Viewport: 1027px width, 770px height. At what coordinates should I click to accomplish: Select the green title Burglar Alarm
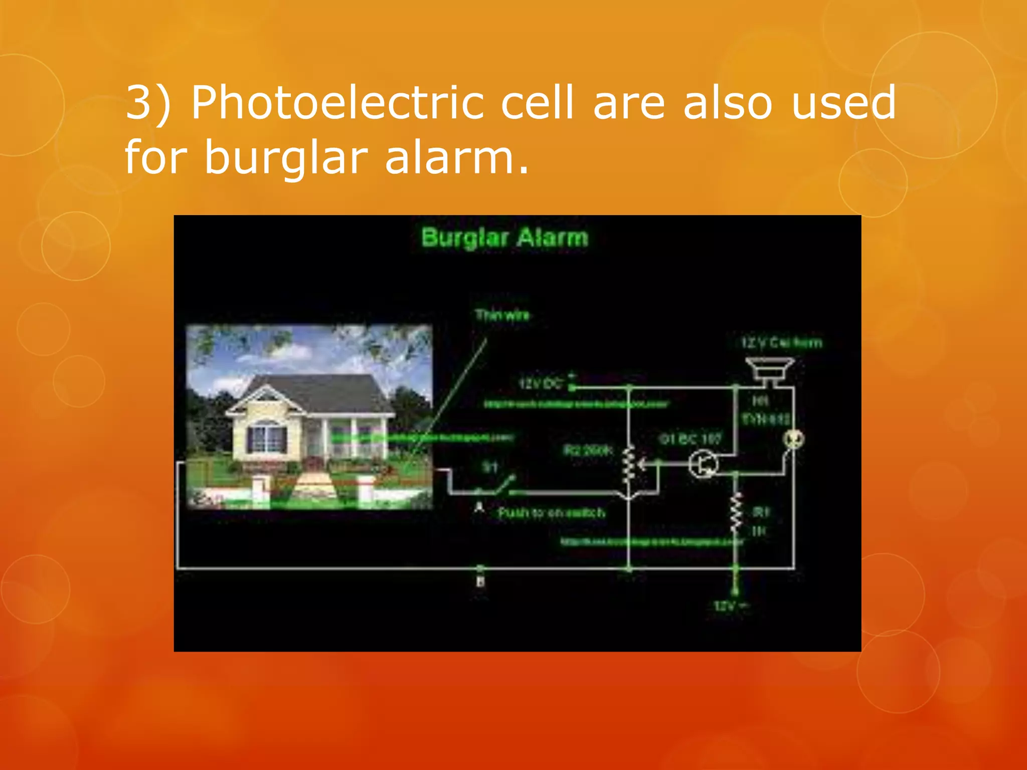[504, 238]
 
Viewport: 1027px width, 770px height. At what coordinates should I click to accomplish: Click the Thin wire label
[502, 315]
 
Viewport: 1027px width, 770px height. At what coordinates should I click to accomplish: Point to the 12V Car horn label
[781, 343]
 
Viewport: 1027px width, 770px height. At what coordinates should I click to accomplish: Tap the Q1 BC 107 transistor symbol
[703, 464]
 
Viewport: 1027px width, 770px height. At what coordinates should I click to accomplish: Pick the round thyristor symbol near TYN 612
[794, 439]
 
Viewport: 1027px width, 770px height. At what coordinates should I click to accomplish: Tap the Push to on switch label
[551, 512]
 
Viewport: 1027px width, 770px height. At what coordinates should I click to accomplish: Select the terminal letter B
[480, 582]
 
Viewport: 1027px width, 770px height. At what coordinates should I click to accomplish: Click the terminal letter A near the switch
[479, 507]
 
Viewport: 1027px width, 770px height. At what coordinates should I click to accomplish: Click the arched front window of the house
[266, 436]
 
